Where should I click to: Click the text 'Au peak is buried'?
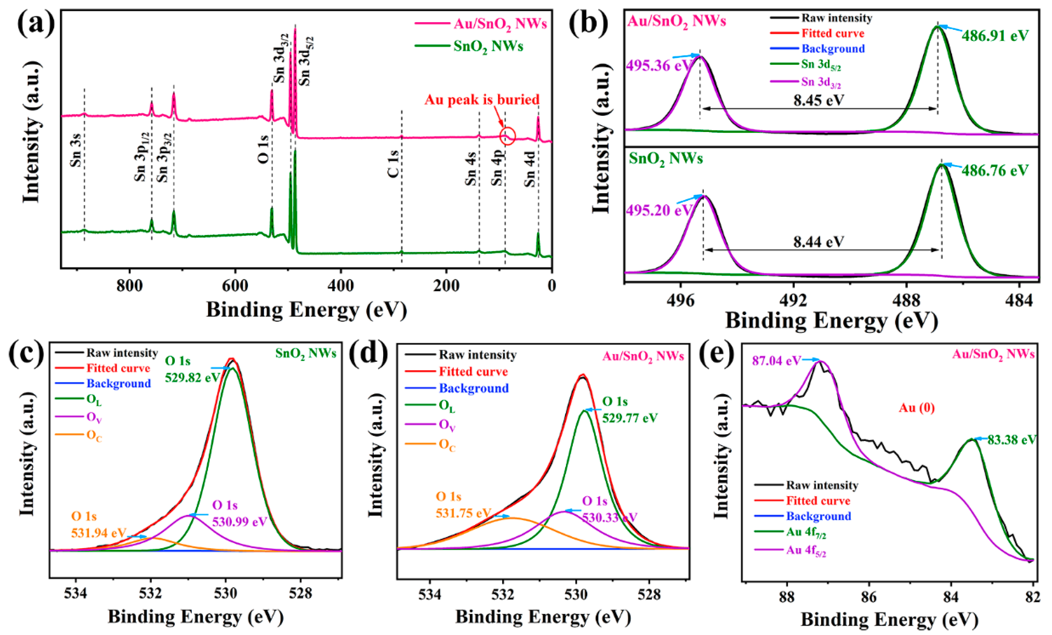click(482, 100)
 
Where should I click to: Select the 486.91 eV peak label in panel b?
click(995, 35)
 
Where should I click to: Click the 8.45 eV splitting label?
click(819, 100)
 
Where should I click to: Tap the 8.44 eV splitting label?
click(819, 242)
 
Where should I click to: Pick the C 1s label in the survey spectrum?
click(393, 164)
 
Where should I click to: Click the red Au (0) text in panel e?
click(917, 408)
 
